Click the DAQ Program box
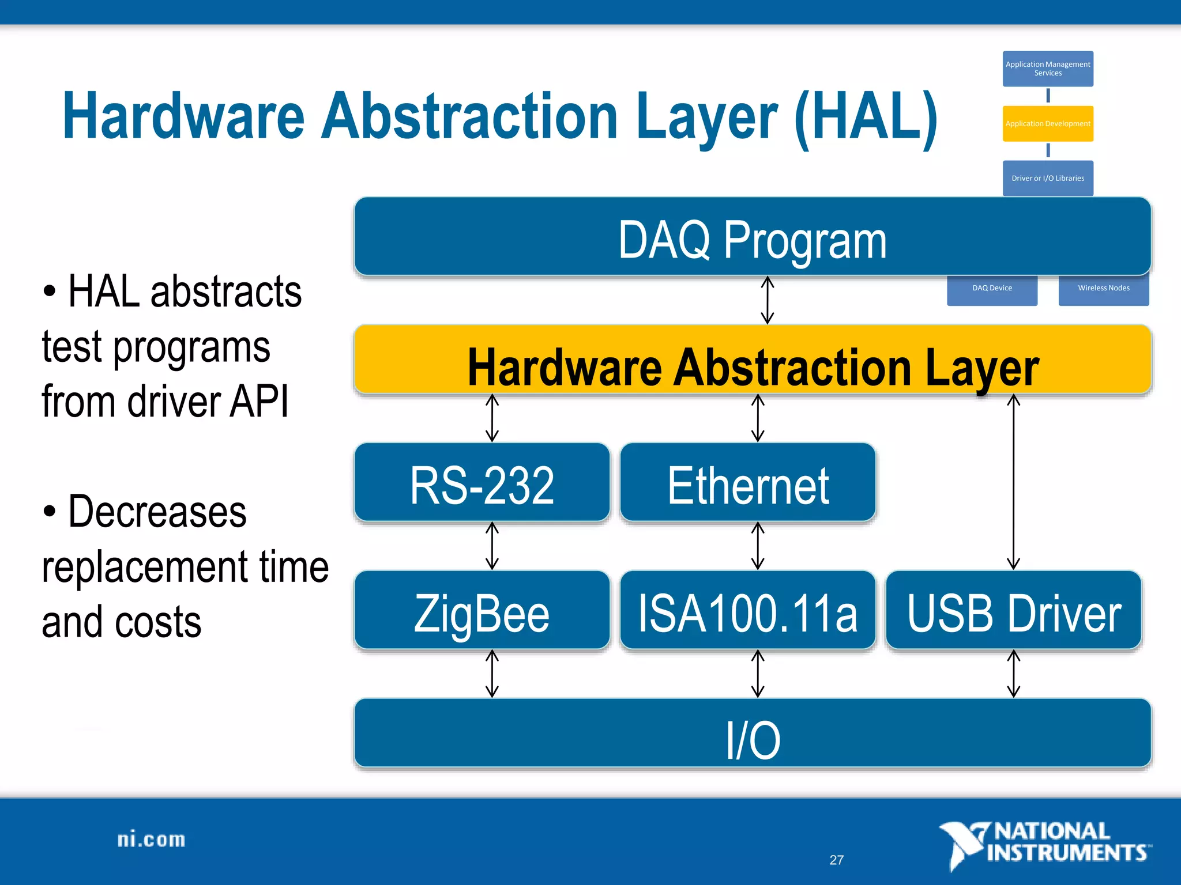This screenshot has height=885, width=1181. click(752, 237)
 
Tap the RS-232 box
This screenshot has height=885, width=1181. click(482, 483)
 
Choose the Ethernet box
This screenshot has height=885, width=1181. click(748, 483)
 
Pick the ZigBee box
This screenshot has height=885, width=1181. click(482, 611)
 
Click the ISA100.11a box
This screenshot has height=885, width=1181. click(748, 611)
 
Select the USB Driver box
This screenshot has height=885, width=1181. click(1013, 611)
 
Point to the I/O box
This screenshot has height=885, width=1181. click(752, 735)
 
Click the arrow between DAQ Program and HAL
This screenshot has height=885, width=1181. click(767, 300)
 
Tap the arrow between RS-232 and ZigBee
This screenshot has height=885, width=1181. click(492, 546)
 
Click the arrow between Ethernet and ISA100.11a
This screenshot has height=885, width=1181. click(758, 546)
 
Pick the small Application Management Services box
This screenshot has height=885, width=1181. click(1048, 69)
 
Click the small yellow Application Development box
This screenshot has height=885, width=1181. click(1048, 123)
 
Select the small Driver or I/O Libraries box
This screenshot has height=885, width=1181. click(1048, 178)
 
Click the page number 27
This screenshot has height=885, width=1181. click(836, 860)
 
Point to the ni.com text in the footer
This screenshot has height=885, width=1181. click(151, 840)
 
